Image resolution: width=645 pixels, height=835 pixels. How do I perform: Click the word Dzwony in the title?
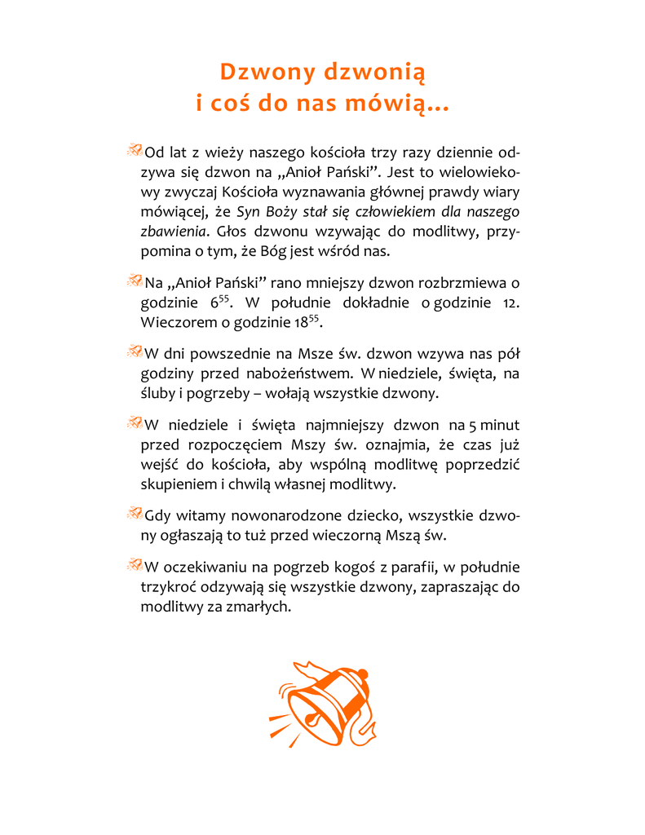(x=267, y=72)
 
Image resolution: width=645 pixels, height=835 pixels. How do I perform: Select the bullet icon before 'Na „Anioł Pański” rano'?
(x=135, y=281)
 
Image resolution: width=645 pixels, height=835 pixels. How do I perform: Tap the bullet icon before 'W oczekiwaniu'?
(x=135, y=564)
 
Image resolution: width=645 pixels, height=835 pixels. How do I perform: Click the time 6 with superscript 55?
(x=217, y=302)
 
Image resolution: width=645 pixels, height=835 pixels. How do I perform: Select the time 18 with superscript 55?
(x=306, y=321)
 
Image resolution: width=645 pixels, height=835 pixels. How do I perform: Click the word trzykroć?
(x=169, y=587)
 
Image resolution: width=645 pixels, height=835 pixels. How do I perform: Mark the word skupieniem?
(x=178, y=484)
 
